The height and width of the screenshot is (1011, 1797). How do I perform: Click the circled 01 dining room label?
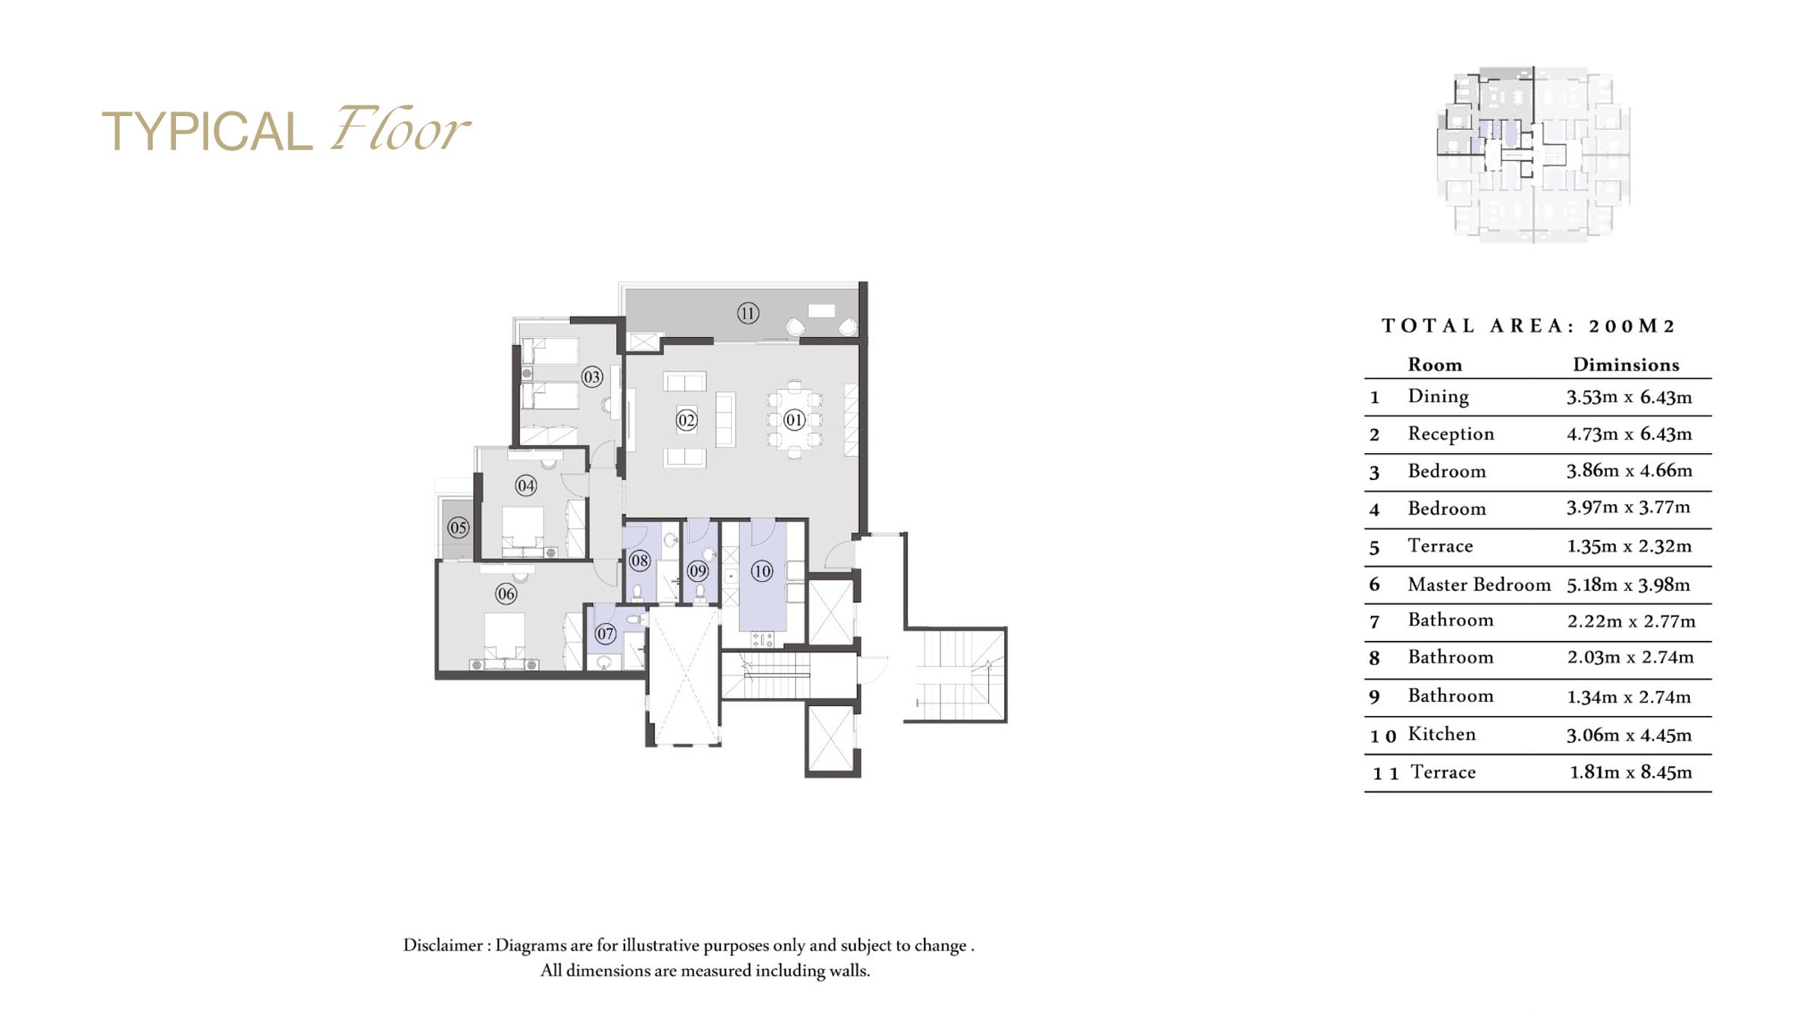(x=794, y=419)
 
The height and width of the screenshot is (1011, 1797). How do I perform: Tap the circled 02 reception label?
(x=686, y=420)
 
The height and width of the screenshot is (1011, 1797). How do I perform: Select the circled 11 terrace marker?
(x=748, y=313)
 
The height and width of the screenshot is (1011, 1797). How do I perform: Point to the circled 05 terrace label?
(x=458, y=527)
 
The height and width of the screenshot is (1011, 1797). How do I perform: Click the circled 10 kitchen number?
(x=761, y=571)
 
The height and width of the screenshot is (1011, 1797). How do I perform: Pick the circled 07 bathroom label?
(x=605, y=634)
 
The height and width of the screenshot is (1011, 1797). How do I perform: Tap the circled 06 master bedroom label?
(x=506, y=594)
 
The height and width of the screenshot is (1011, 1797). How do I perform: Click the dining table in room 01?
(x=794, y=419)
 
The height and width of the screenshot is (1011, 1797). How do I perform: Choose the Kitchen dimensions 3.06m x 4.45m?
(x=1629, y=735)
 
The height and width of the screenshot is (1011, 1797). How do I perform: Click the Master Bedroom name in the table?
(x=1479, y=584)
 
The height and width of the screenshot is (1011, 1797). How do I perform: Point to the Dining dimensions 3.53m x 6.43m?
(x=1629, y=397)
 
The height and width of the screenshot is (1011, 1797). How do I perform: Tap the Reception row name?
(x=1450, y=434)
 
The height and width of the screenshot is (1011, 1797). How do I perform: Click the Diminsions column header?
(x=1626, y=365)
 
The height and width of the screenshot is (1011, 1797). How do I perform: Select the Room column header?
(x=1435, y=365)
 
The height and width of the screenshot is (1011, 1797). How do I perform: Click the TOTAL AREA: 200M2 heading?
(x=1527, y=326)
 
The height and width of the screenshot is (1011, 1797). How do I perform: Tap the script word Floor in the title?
(x=401, y=129)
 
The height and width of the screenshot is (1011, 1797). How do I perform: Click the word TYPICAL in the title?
(x=207, y=132)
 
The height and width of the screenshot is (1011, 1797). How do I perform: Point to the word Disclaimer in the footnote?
(x=443, y=945)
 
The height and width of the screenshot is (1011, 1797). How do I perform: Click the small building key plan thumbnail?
(x=1533, y=154)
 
